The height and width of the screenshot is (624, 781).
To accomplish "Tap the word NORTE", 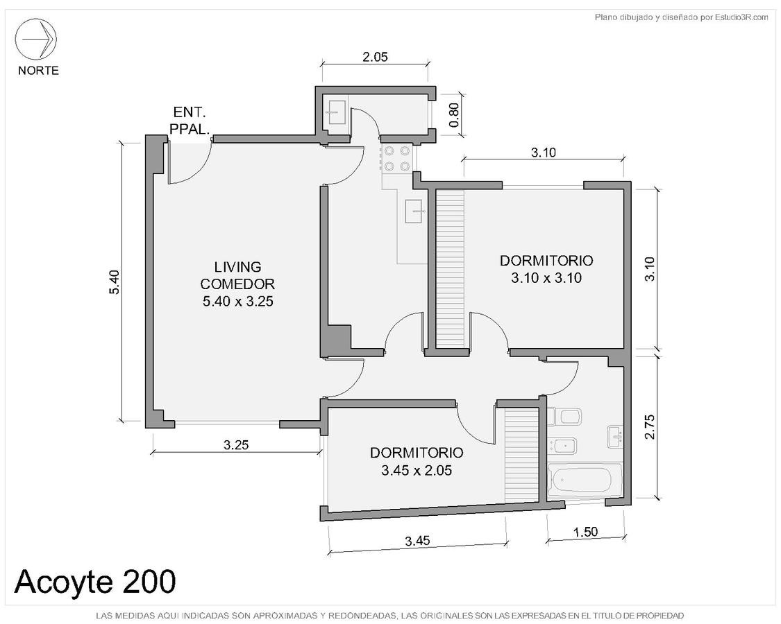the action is click(x=38, y=71).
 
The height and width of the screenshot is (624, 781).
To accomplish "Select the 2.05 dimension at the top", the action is click(x=375, y=57).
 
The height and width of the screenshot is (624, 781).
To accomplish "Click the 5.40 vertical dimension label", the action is click(x=115, y=282).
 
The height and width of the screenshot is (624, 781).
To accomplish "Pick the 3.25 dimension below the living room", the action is click(x=235, y=445).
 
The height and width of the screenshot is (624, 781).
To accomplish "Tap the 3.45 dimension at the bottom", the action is click(x=417, y=541).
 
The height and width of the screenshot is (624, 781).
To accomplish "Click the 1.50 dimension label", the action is click(x=585, y=532).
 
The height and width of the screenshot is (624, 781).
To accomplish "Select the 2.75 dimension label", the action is click(x=650, y=427).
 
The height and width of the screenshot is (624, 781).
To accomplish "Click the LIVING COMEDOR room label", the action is click(x=237, y=284).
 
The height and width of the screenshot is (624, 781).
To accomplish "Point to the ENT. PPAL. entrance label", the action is click(x=190, y=121).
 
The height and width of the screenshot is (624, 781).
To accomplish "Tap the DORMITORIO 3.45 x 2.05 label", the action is click(x=417, y=461).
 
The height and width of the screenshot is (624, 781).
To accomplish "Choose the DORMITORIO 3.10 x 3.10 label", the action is click(x=546, y=269).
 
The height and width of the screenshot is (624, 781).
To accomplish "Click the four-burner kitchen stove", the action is click(x=396, y=158).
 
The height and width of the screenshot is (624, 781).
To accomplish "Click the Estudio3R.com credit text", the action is click(x=682, y=17).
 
